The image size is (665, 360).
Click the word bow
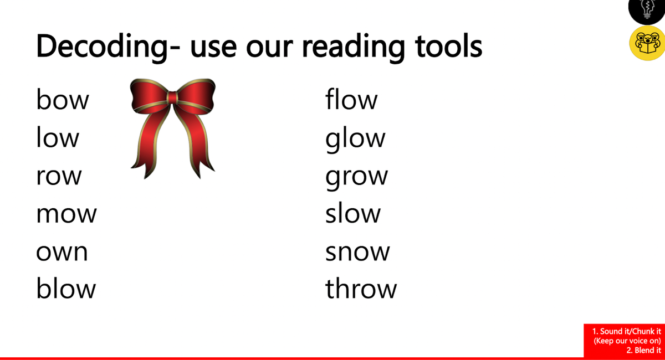(x=62, y=100)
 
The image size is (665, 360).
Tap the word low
(x=58, y=137)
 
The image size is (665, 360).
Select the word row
(x=59, y=176)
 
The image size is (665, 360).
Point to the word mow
(x=66, y=214)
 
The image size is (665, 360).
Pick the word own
(x=62, y=252)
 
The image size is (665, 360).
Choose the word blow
(x=66, y=288)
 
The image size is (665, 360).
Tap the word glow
(x=355, y=140)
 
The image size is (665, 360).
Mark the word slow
(x=352, y=212)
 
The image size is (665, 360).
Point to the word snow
(x=357, y=252)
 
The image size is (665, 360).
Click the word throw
(x=361, y=288)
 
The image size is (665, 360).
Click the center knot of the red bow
(x=172, y=98)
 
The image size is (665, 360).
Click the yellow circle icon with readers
(x=647, y=43)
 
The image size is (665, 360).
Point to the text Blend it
(x=643, y=350)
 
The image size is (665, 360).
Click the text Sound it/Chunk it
(x=626, y=331)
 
